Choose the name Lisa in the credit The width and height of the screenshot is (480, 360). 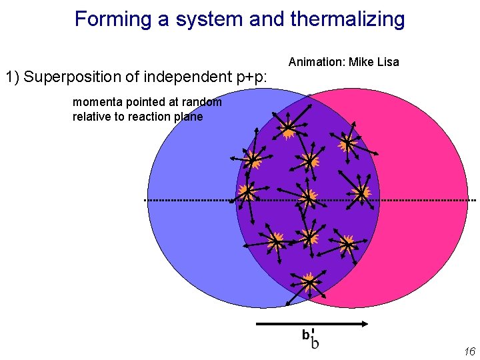[387, 62]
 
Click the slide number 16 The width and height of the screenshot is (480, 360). [469, 351]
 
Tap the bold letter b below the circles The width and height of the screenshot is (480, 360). [305, 335]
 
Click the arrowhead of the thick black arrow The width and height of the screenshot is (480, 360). [364, 324]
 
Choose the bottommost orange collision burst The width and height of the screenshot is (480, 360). [309, 281]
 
